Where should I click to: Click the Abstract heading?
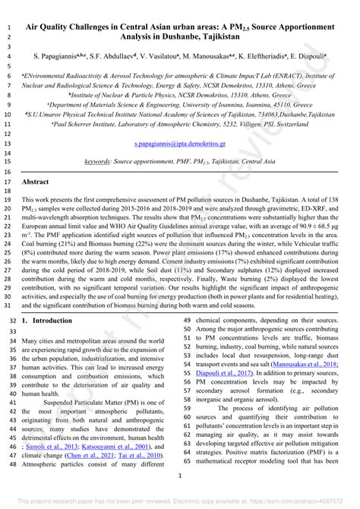point(36,182)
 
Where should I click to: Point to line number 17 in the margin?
point(7,182)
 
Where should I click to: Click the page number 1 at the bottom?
point(180,476)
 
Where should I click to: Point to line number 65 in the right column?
point(187,460)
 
